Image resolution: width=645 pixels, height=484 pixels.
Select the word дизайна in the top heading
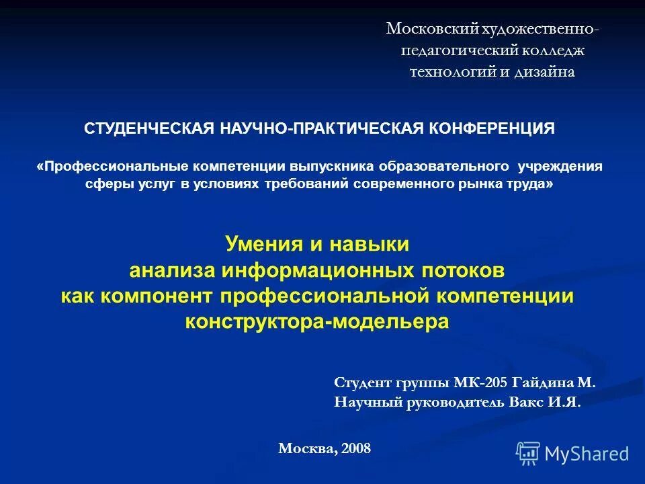(544, 72)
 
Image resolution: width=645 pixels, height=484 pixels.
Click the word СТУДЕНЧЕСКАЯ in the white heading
(149, 129)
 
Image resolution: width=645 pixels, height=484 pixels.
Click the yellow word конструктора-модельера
(316, 321)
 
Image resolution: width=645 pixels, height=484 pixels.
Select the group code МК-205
(481, 383)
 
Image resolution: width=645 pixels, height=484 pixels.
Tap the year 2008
(355, 448)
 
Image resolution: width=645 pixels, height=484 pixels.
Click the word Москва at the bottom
(307, 448)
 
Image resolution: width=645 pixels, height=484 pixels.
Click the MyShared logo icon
(528, 454)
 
